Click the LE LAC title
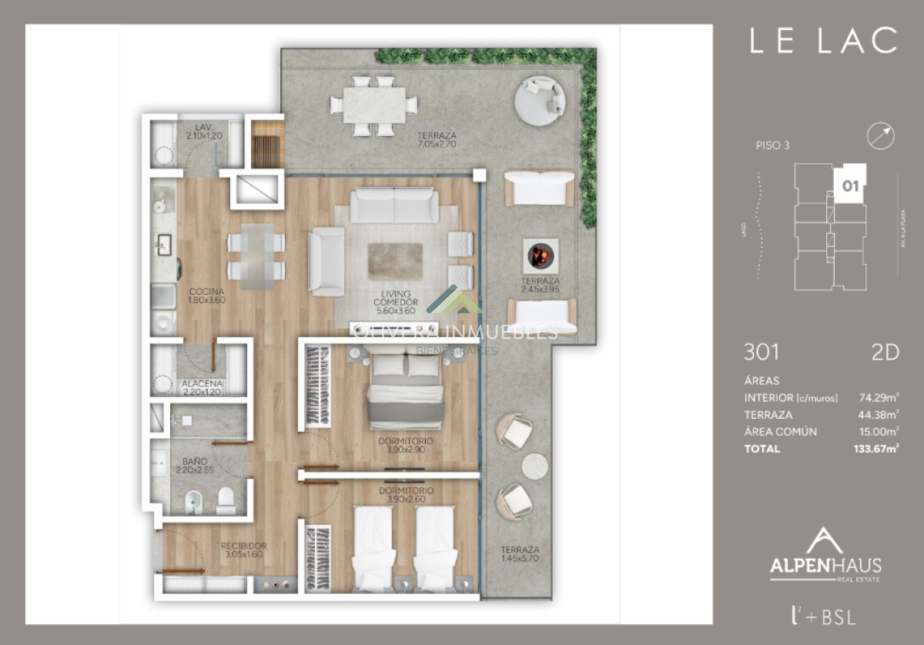click(x=823, y=41)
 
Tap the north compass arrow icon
click(x=881, y=136)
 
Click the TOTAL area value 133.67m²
click(x=877, y=449)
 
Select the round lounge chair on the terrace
click(x=539, y=99)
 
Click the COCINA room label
click(x=206, y=296)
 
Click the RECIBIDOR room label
click(x=243, y=550)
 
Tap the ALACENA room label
click(x=202, y=387)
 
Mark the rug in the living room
click(x=395, y=261)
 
